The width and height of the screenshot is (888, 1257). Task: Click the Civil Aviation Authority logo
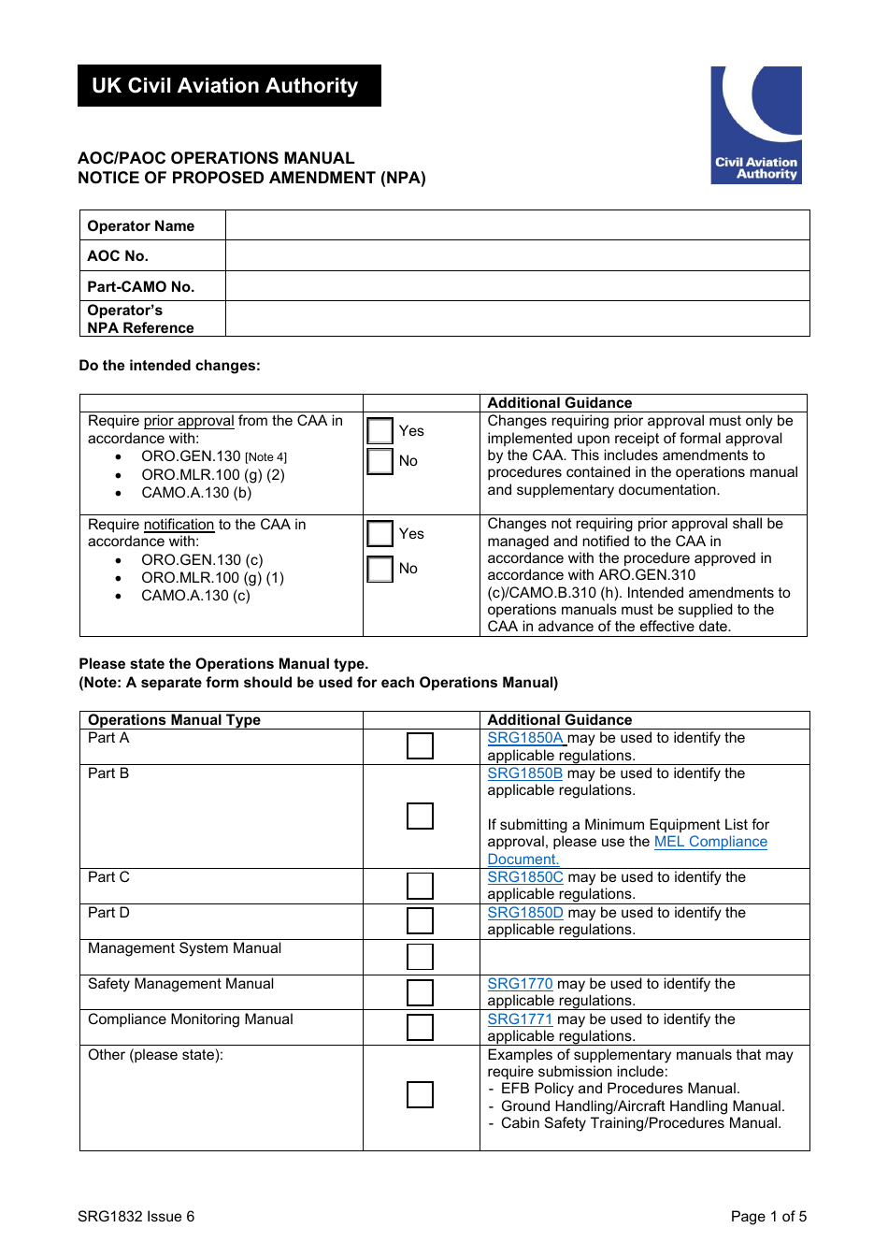[755, 124]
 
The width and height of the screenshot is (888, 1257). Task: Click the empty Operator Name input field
[517, 225]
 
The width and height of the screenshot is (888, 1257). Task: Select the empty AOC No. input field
[517, 255]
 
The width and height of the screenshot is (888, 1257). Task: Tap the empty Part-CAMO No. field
[517, 286]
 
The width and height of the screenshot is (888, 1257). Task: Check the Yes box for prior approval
[380, 431]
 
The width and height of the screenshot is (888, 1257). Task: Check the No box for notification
[380, 569]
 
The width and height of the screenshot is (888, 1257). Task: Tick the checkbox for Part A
[420, 745]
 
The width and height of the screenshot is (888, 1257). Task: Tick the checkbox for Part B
[420, 816]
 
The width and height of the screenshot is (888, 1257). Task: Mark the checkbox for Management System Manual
[420, 957]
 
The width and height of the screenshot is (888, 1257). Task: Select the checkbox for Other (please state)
[420, 1094]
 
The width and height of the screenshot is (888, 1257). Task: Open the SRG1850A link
[525, 738]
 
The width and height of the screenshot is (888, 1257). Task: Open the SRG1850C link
[525, 877]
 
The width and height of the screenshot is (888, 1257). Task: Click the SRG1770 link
[520, 984]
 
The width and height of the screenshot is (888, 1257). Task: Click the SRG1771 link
[520, 1019]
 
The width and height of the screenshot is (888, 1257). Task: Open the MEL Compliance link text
[710, 842]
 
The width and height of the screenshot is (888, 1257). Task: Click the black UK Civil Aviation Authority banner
[229, 86]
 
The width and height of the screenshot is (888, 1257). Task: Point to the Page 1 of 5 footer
[768, 1217]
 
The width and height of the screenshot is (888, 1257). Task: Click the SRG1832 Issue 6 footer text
[136, 1217]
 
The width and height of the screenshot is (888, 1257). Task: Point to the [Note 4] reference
[265, 457]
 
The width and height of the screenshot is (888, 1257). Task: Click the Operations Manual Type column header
[174, 720]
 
